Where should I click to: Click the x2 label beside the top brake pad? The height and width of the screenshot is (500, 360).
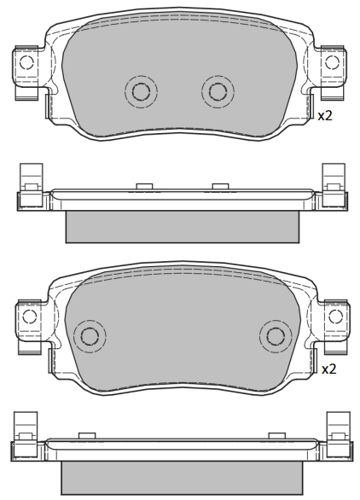coord(325,116)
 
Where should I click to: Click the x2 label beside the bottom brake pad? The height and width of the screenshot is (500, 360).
coord(329,369)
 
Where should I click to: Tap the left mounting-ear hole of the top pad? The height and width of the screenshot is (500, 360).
coord(26,62)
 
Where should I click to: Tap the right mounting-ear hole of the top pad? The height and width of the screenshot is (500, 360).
coord(332,62)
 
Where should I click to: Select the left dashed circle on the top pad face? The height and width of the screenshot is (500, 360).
coord(141,91)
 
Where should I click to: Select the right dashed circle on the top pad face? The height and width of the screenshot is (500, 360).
coord(218,91)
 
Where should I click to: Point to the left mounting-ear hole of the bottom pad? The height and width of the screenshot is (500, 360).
coord(30,316)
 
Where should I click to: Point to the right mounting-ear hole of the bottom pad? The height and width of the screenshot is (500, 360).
coord(335,316)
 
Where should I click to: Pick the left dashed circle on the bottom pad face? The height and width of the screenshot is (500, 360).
coord(90,336)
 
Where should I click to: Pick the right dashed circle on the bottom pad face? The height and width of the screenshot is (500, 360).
coord(276,336)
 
